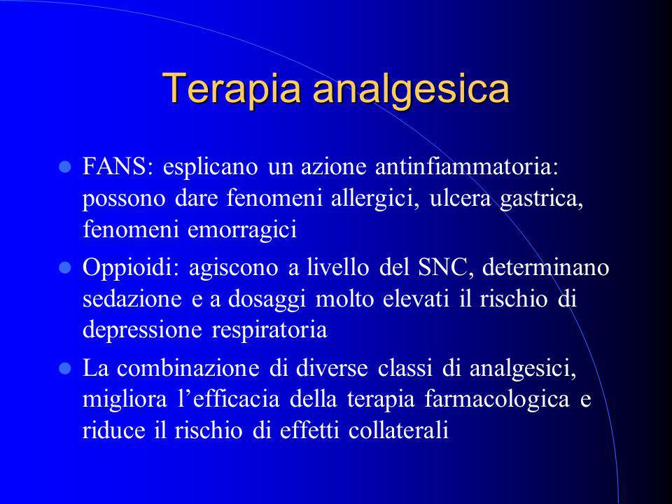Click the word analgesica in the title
tap(412, 90)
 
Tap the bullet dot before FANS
tap(64, 167)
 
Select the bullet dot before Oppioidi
tap(64, 268)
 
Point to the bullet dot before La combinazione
tap(64, 368)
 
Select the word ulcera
tap(461, 198)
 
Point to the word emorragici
tap(242, 230)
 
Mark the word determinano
tap(545, 267)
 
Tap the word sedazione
tap(132, 299)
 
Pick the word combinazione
tap(188, 368)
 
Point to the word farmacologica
tap(497, 400)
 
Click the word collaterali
tap(398, 430)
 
